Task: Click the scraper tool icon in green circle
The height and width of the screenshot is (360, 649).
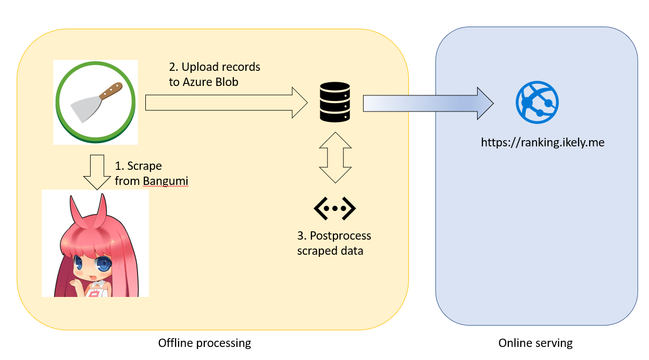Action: tap(95, 102)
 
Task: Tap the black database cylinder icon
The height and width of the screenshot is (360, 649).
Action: tap(333, 103)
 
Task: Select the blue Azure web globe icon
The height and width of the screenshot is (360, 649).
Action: tap(537, 102)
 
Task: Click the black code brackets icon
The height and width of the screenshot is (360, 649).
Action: tap(334, 208)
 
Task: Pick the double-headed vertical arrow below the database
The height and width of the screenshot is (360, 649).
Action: tap(334, 157)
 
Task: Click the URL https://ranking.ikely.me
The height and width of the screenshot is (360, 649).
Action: tap(542, 142)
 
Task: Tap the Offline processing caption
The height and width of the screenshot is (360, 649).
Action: tap(204, 343)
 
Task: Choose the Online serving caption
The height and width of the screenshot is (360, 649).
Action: tap(535, 343)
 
